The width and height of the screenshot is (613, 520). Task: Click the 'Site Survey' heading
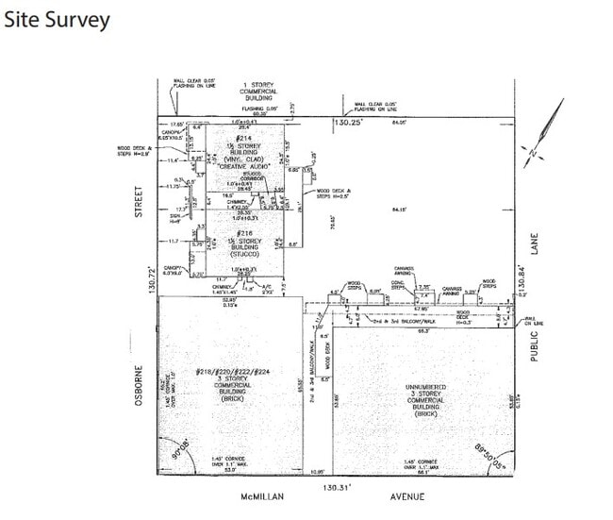tap(57, 19)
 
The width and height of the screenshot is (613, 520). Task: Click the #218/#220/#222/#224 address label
tap(232, 372)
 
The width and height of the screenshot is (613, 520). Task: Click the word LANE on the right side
tap(533, 243)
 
